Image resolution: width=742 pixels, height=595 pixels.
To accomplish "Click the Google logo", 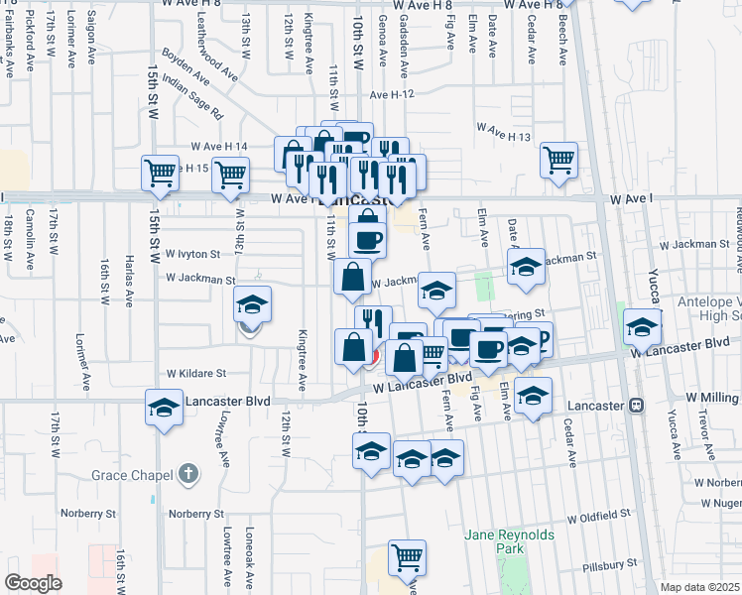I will (33, 583).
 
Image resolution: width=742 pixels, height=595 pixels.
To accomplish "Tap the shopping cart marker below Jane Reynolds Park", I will (407, 557).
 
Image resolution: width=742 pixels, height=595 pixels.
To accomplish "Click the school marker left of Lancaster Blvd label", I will (165, 406).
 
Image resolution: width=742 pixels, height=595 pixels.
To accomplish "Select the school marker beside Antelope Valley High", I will (642, 325).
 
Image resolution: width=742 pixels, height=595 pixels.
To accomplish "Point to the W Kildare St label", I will (196, 374).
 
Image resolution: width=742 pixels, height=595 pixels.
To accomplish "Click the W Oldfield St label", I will (599, 517).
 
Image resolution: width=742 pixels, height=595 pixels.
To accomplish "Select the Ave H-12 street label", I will (398, 94).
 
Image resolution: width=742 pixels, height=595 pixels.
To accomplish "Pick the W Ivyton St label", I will (192, 253).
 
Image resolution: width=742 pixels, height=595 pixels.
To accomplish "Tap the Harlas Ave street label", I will (129, 284).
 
